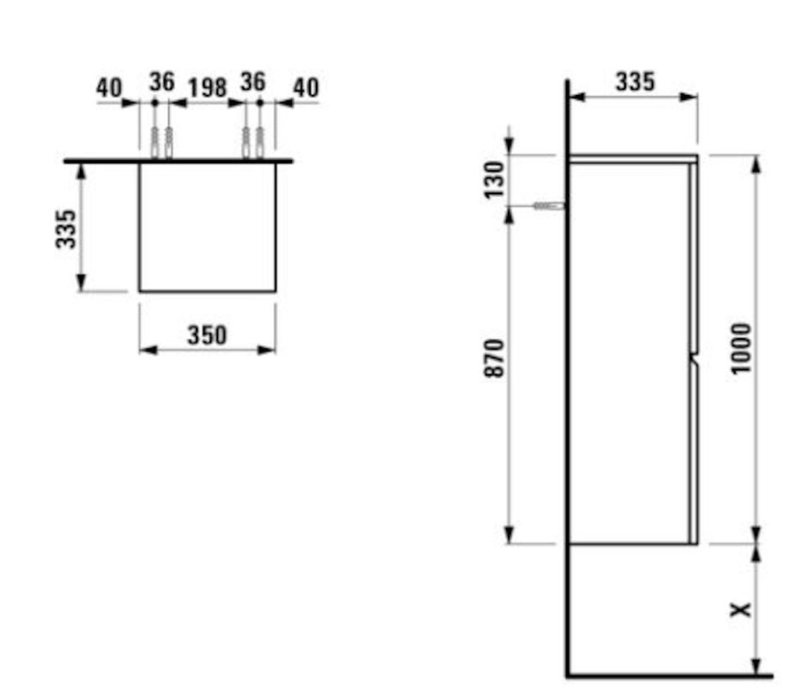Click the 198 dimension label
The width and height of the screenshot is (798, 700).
pos(207,88)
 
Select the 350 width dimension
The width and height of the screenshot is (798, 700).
pos(207,335)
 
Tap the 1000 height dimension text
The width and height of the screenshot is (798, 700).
pos(741,349)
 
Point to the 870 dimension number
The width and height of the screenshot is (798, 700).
pos(494,358)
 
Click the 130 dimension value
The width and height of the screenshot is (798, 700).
pos(494,180)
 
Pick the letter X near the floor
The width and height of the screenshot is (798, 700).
pos(741,609)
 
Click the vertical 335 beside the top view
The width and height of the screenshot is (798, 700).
pos(66,229)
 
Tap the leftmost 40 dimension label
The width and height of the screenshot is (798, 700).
pos(109,88)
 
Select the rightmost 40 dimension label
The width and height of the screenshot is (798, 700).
pos(306,88)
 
